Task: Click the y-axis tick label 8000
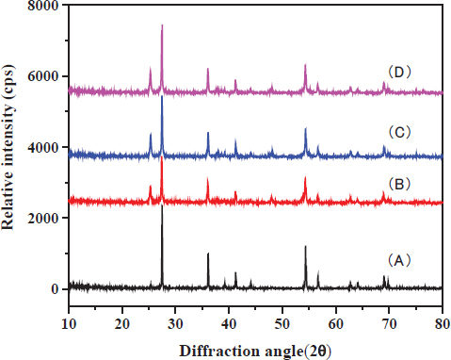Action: tap(44, 7)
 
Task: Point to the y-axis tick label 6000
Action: tap(44, 76)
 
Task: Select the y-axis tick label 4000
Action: tap(44, 148)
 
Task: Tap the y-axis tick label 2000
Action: tap(44, 218)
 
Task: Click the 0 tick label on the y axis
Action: tap(56, 289)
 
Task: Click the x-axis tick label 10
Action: tap(68, 323)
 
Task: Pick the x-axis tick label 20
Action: tap(121, 323)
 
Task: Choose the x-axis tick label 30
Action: tap(175, 323)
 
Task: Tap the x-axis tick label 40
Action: tap(229, 323)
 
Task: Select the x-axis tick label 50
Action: tap(282, 323)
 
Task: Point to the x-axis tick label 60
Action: tap(336, 323)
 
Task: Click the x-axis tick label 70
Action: tap(389, 323)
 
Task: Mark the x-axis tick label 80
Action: tap(440, 323)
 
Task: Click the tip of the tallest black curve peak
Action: tap(162, 205)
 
